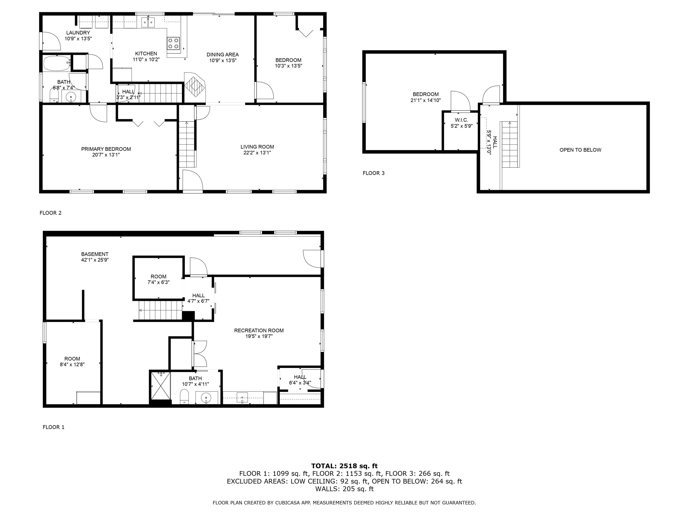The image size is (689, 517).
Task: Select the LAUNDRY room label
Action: click(78, 33)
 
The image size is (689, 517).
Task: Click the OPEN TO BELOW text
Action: click(580, 150)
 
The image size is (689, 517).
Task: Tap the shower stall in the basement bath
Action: click(161, 386)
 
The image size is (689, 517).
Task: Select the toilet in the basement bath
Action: click(184, 396)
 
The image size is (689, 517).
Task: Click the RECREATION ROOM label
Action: click(259, 330)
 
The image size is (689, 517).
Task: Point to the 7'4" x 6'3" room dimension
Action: click(158, 282)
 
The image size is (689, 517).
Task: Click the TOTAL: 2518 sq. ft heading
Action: click(344, 466)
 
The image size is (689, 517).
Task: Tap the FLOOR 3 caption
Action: click(373, 173)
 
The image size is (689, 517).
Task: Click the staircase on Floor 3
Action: click(510, 145)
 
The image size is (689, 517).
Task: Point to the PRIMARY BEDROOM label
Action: click(106, 149)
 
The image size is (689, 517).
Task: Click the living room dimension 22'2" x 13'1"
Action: click(257, 153)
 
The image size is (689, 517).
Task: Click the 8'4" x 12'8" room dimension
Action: click(72, 364)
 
